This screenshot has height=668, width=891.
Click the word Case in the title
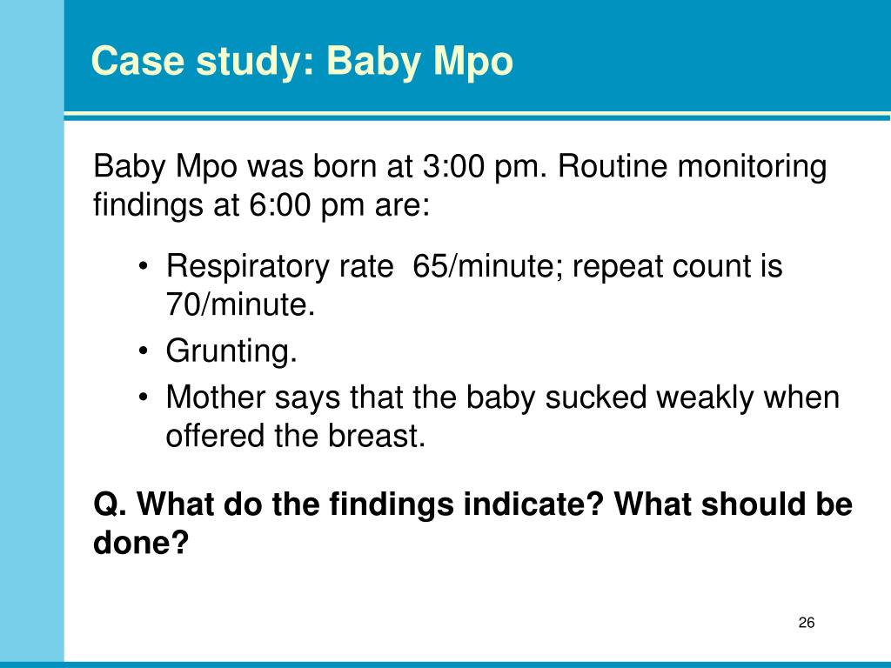click(x=137, y=60)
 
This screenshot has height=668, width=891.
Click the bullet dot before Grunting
click(x=144, y=351)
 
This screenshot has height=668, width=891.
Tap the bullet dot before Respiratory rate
click(x=144, y=267)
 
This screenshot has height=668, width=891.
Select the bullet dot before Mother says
click(x=144, y=397)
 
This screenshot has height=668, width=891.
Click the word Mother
click(x=216, y=397)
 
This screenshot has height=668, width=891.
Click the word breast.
click(x=376, y=436)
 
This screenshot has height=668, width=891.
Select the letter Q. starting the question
click(x=110, y=504)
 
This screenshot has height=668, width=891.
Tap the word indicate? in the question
click(x=533, y=504)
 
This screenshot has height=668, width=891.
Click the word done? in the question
click(x=140, y=542)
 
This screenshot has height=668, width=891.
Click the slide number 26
click(x=807, y=623)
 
